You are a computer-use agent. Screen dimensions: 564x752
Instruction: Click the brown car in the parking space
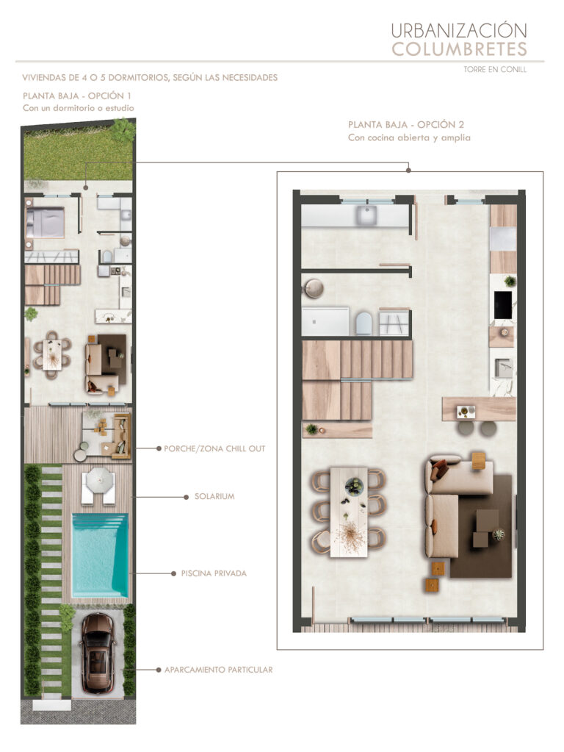[x=98, y=653]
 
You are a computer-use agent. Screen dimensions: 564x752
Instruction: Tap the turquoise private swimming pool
[x=100, y=555]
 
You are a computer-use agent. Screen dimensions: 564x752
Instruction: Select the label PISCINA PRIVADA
[x=214, y=573]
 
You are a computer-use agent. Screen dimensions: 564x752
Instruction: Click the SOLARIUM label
[x=214, y=496]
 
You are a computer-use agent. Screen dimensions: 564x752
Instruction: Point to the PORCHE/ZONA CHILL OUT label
[x=214, y=448]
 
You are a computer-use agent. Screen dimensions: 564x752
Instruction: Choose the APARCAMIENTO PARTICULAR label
[x=219, y=670]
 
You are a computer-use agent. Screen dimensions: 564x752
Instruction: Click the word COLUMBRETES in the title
[x=460, y=49]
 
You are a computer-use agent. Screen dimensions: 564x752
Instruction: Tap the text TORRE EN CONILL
[x=495, y=69]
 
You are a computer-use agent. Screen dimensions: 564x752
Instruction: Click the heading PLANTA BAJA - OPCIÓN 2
[x=406, y=125]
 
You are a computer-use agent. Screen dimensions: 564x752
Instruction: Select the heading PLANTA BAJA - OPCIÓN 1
[x=76, y=96]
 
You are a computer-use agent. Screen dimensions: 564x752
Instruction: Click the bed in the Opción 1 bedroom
[x=45, y=222]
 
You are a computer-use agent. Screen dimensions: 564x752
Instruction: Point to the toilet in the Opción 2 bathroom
[x=364, y=323]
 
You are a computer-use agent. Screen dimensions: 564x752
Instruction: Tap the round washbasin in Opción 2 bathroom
[x=313, y=289]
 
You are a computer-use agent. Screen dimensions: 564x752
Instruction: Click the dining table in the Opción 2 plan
[x=349, y=512]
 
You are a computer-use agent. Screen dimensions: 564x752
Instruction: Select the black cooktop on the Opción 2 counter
[x=502, y=304]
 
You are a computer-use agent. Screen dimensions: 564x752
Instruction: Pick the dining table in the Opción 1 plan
[x=51, y=354]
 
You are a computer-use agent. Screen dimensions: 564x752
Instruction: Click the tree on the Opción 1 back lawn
[x=123, y=129]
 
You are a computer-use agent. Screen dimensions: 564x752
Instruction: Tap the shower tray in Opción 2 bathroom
[x=325, y=321]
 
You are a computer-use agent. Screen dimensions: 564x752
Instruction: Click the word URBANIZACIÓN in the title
[x=459, y=31]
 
